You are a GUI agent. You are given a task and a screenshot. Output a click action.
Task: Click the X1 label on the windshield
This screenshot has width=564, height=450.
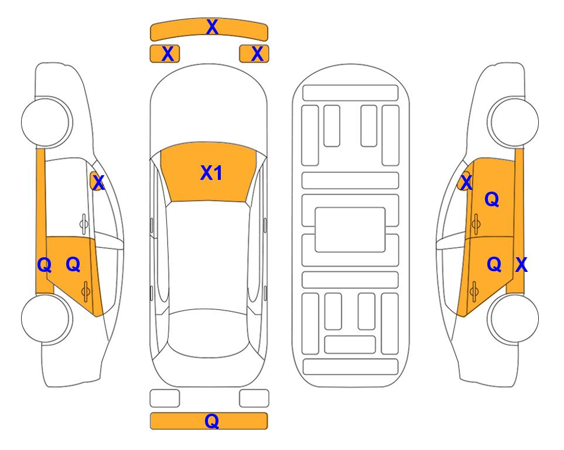(x=211, y=173)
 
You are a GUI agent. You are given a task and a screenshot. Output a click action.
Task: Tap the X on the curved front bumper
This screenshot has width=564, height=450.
(x=212, y=27)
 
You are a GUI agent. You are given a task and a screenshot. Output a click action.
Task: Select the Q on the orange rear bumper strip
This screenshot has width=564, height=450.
(x=211, y=421)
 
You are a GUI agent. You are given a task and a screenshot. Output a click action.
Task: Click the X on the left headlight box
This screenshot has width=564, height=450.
(x=168, y=54)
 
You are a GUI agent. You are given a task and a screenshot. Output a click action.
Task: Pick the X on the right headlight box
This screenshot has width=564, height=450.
(x=257, y=54)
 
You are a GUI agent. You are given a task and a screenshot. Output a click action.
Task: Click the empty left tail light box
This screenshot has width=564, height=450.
(x=165, y=398)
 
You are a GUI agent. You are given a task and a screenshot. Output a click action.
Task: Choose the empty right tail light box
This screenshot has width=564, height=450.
(x=254, y=398)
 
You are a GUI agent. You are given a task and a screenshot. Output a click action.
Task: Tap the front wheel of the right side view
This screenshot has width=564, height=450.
(x=513, y=122)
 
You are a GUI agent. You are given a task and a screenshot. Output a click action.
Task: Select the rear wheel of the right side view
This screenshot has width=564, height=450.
(x=513, y=318)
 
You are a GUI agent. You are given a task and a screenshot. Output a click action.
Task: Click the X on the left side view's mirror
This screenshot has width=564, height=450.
(x=98, y=183)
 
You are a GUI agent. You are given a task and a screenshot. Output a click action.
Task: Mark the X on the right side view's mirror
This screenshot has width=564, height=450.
(x=466, y=183)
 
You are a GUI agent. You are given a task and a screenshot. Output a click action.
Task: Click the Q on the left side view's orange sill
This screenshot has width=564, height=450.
(x=45, y=265)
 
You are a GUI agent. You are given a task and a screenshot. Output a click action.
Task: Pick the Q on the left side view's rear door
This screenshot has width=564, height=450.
(x=73, y=264)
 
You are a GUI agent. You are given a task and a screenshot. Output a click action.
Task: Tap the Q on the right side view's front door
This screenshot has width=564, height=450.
(x=492, y=199)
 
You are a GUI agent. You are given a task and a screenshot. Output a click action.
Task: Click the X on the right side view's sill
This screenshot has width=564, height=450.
(x=521, y=265)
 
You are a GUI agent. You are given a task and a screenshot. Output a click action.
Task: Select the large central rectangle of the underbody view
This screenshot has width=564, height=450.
(x=350, y=230)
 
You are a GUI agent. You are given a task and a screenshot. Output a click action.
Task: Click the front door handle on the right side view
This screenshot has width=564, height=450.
(x=476, y=223)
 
